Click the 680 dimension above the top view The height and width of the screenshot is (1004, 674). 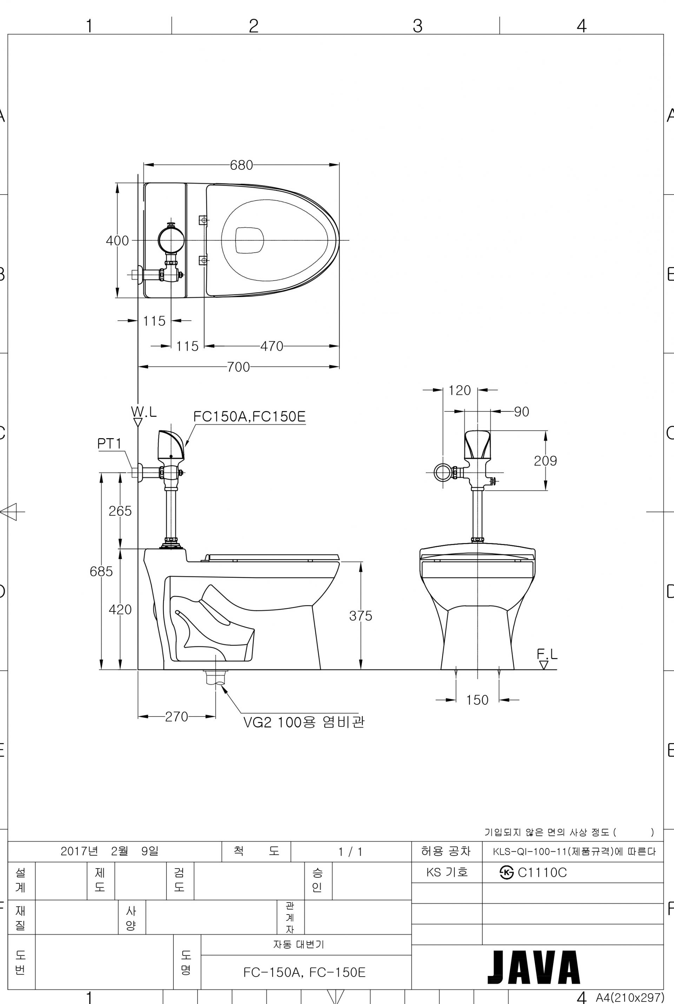(x=241, y=165)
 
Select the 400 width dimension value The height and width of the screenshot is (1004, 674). (x=117, y=241)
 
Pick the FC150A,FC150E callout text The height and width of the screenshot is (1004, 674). (x=249, y=416)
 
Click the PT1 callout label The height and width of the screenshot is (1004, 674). (x=110, y=444)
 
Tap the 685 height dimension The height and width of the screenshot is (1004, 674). (x=101, y=571)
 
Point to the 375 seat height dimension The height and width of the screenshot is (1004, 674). (x=361, y=615)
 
